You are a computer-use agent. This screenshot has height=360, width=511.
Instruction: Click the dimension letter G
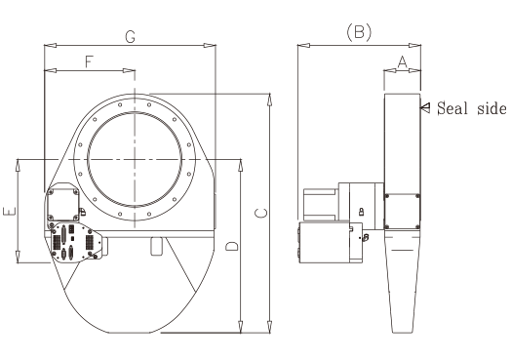coord(131,37)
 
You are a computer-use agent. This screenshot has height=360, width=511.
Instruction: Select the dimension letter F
coord(90,61)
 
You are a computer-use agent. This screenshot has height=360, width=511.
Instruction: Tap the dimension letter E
coord(9,212)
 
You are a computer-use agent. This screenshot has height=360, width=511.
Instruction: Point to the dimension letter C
coord(261,213)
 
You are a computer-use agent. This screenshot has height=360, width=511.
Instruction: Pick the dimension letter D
coord(232,246)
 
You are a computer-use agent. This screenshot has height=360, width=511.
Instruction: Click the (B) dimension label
coord(359,32)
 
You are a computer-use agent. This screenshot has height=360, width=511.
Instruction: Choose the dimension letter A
coord(403,61)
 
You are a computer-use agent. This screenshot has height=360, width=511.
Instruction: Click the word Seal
coord(452,108)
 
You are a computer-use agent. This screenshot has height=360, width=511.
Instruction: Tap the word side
coord(491,108)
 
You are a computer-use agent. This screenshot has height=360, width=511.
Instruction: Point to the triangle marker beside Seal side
coord(425,107)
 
